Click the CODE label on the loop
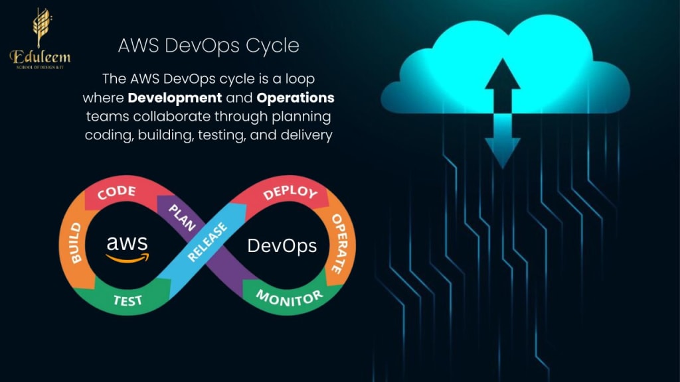(116, 193)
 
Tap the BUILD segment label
(75, 243)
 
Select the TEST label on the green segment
(127, 300)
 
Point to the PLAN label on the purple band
(181, 216)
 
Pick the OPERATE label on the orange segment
(338, 243)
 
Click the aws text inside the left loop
(127, 242)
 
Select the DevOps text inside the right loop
(282, 246)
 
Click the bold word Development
(175, 97)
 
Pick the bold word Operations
(296, 97)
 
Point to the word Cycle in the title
(272, 46)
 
